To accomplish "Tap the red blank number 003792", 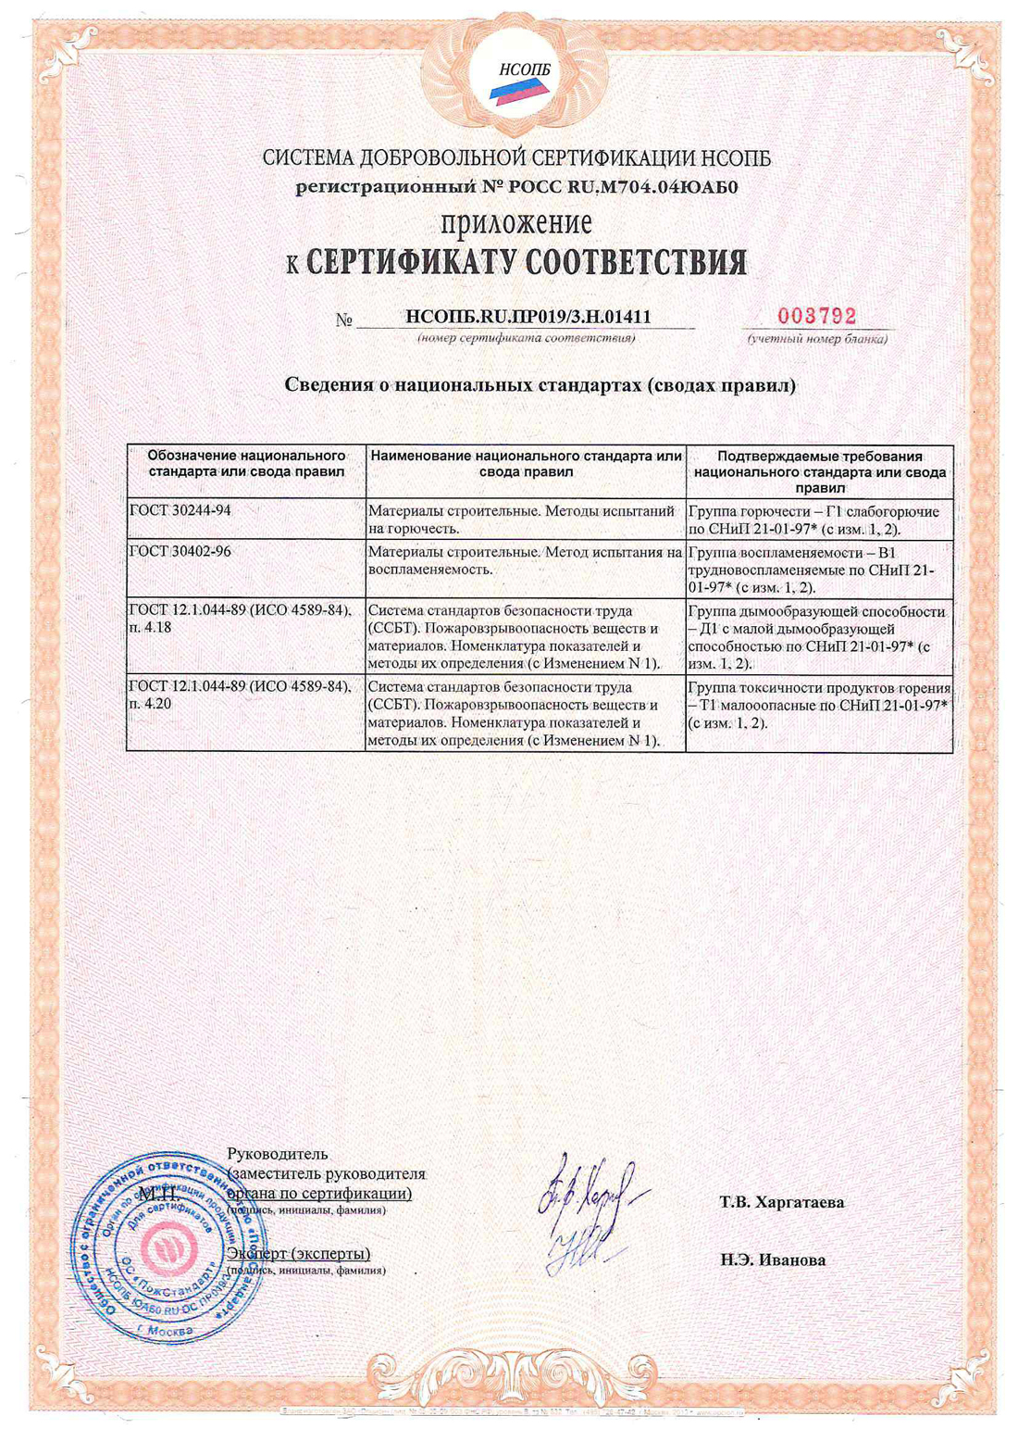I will click(x=816, y=317).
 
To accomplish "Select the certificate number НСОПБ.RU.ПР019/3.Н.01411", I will click(x=528, y=317).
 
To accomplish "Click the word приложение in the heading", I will click(x=516, y=224).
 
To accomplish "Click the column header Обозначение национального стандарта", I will click(x=246, y=463).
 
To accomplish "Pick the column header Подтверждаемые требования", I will click(x=819, y=470).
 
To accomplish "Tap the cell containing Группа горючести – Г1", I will click(x=818, y=520).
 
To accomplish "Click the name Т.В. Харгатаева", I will click(x=782, y=1202).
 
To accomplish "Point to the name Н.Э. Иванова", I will click(x=773, y=1259).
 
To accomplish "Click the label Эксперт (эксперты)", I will click(x=298, y=1253).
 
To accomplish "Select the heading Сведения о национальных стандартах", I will click(x=540, y=384).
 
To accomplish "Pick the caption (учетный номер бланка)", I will click(x=817, y=339).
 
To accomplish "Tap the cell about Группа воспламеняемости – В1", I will click(x=818, y=569).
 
